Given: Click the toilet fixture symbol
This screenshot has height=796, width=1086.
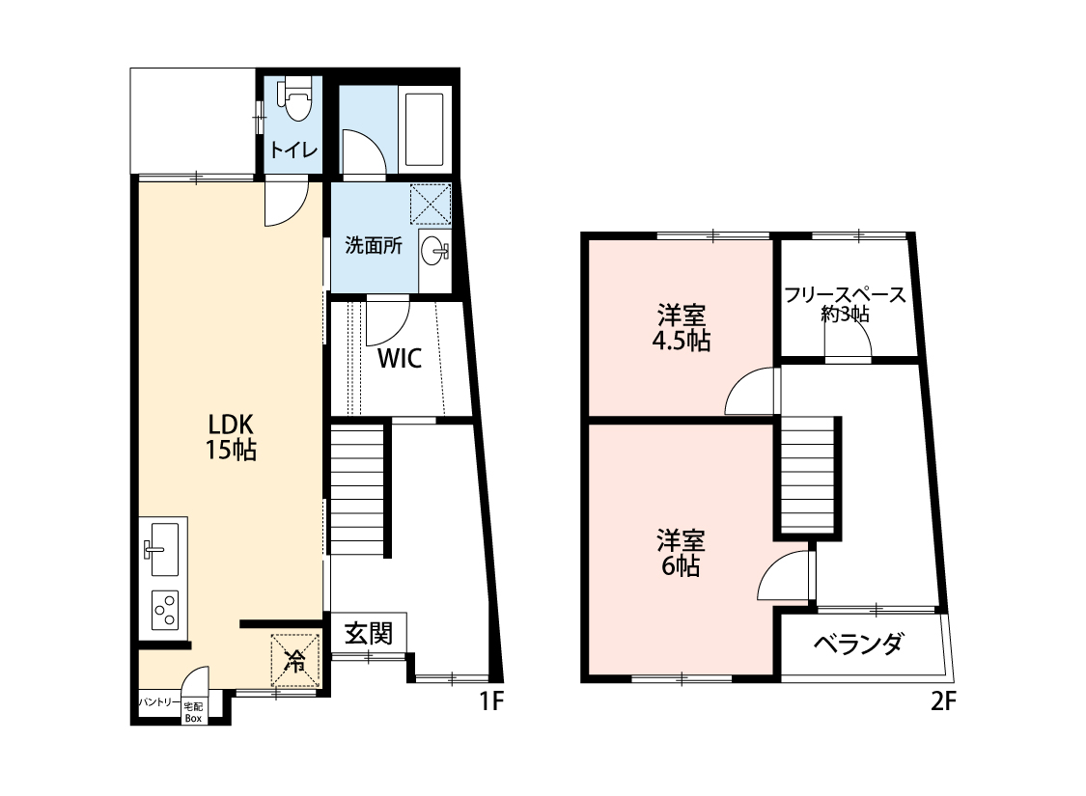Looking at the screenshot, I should (294, 99).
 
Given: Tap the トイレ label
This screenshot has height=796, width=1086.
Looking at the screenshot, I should (289, 151).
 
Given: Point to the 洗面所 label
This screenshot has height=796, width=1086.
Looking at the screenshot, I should (374, 245).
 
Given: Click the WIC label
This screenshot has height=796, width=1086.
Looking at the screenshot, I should (399, 360).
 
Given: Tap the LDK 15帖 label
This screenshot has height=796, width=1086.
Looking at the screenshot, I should (231, 437).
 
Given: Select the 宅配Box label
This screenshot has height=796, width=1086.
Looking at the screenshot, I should (193, 712).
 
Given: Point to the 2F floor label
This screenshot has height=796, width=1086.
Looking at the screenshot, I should (943, 702).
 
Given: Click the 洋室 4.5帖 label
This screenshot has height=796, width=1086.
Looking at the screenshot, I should (682, 328).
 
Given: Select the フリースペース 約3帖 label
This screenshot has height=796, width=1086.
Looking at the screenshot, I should (845, 304).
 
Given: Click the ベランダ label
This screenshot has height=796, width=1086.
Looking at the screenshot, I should (858, 644).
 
